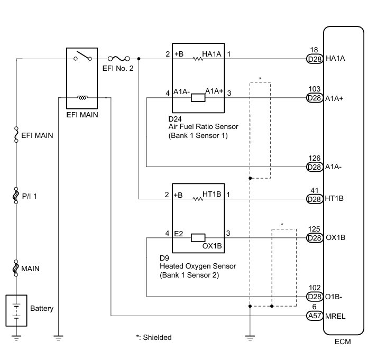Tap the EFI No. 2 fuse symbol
(x=118, y=58)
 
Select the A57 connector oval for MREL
(x=315, y=316)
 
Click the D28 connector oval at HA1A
(x=315, y=59)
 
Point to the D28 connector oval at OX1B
(x=315, y=237)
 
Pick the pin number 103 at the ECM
(x=315, y=90)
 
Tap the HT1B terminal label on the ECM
(x=336, y=199)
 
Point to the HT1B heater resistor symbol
(x=198, y=199)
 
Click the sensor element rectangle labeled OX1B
(x=199, y=237)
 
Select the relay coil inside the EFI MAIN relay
(x=82, y=97)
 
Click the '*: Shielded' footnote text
(x=154, y=337)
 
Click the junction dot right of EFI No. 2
(x=139, y=59)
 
